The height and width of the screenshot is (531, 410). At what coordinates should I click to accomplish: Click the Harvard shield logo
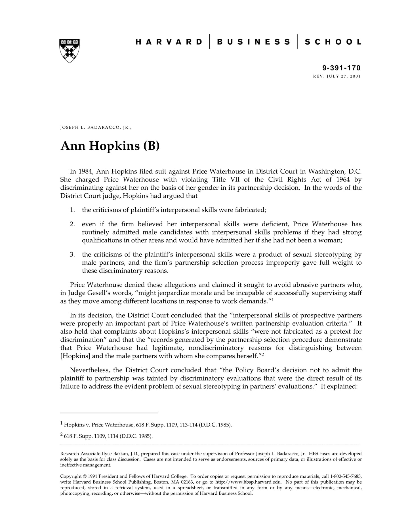70,51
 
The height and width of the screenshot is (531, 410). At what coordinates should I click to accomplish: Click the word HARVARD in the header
169,42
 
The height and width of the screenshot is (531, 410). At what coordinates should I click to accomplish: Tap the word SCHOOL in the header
333,42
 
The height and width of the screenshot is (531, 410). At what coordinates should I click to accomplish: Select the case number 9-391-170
341,68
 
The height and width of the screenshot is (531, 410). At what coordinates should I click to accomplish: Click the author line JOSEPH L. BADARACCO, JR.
96,127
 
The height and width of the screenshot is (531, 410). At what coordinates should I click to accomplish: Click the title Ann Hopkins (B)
110,146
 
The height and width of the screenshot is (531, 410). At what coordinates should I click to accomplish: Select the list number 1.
72,210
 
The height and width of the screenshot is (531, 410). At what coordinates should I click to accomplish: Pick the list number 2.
72,224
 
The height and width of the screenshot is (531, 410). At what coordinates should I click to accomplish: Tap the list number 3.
72,254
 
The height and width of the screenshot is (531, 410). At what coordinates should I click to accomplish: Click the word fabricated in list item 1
251,210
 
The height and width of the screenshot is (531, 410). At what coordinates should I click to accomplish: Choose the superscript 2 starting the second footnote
61,435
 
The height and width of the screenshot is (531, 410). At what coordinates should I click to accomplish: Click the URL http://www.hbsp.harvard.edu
249,482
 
